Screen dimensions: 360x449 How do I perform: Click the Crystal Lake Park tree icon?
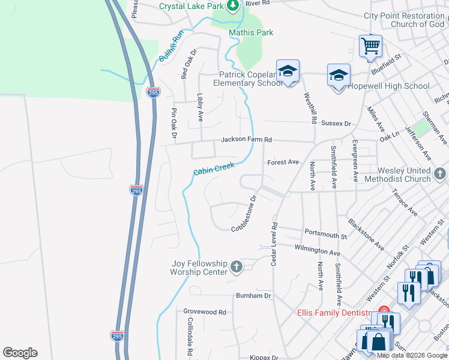point(234,6)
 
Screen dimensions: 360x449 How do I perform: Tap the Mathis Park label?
point(251,32)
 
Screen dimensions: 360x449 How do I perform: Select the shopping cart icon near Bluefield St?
point(370,45)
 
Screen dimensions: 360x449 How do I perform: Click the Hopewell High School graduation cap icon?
point(339,76)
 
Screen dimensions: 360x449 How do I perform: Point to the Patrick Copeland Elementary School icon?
point(288,71)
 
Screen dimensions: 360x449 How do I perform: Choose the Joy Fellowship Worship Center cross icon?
point(237,267)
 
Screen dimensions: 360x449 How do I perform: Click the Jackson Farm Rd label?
point(246,140)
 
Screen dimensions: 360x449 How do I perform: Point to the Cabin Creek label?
point(213,169)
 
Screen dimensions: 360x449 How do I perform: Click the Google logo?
point(20,353)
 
